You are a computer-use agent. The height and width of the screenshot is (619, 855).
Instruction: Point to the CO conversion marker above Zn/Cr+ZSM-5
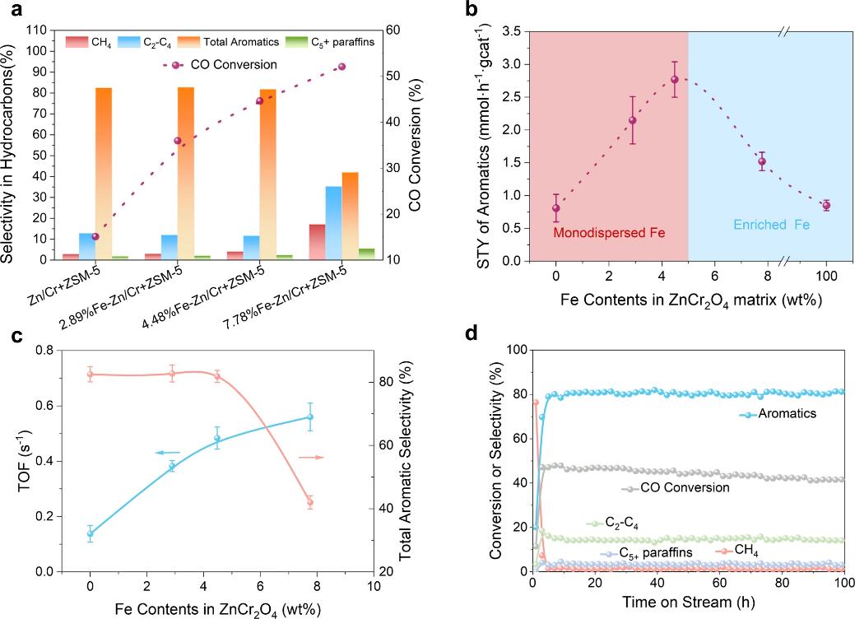[x=95, y=236]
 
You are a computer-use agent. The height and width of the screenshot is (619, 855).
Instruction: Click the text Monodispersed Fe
[x=609, y=234]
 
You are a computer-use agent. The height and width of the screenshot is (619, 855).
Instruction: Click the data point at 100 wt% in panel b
[x=826, y=205]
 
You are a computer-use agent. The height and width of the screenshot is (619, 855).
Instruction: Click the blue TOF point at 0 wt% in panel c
[x=90, y=533]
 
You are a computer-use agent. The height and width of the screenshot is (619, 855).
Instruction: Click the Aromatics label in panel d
[x=787, y=413]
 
